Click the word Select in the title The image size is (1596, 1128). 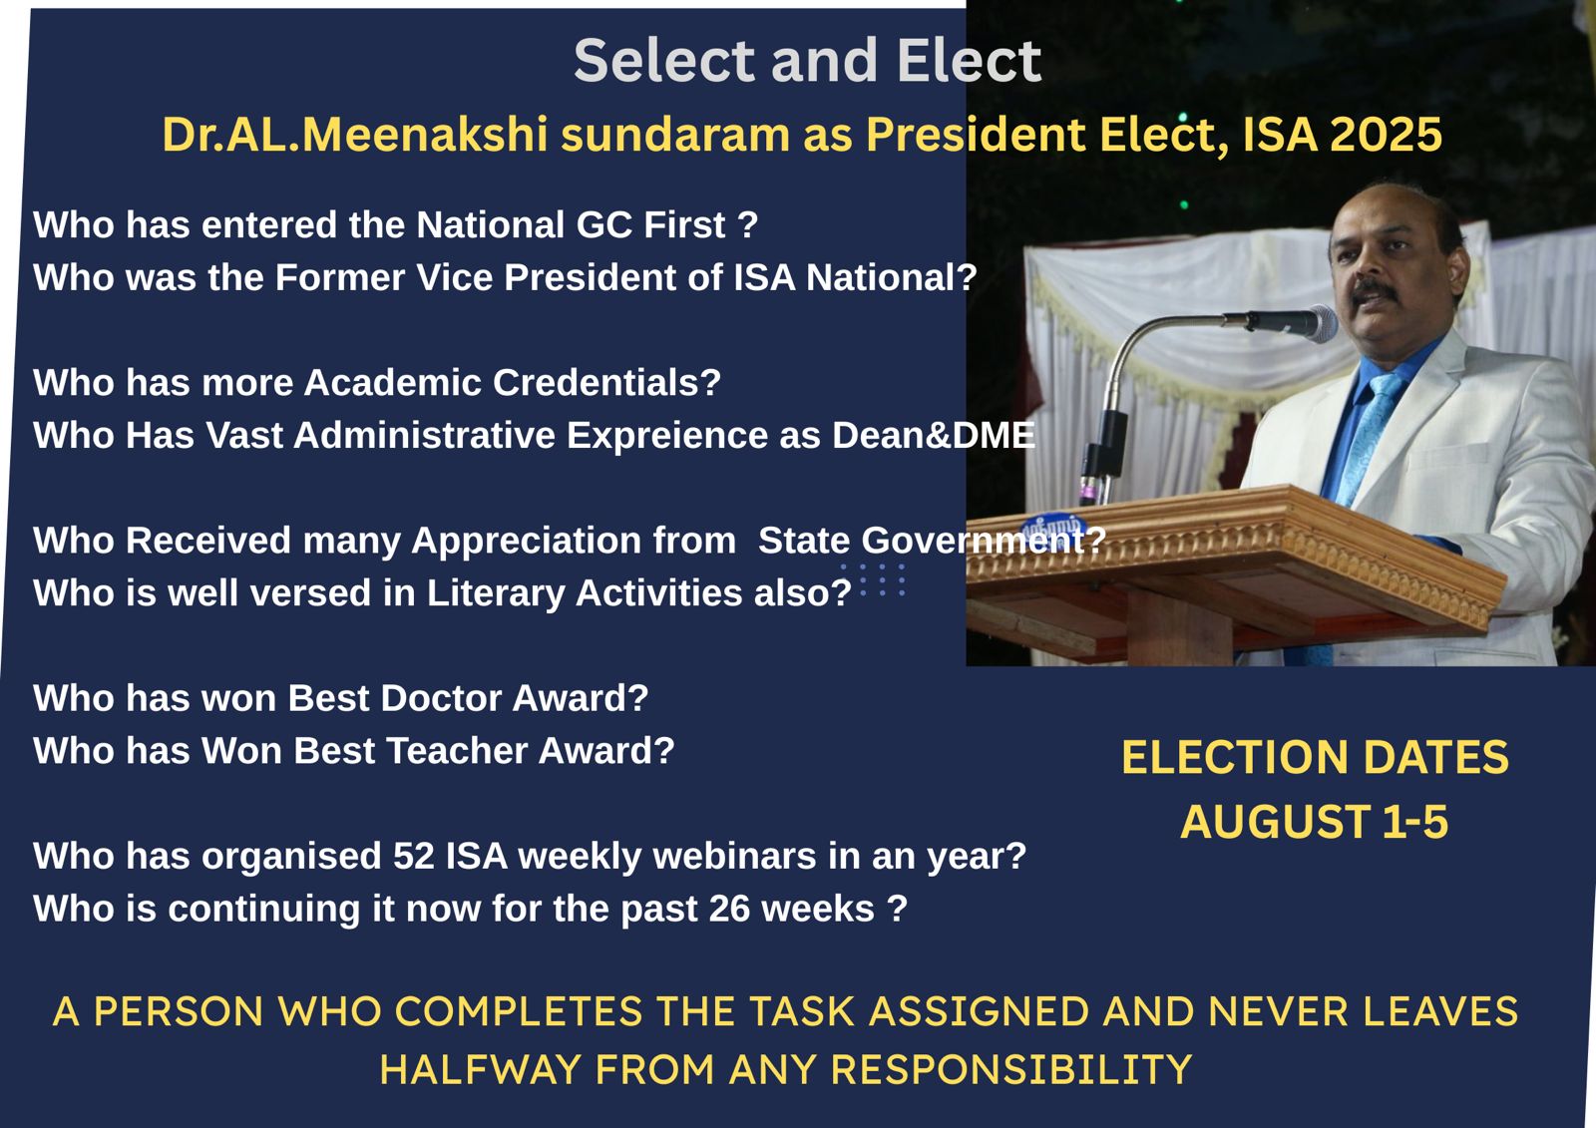(664, 61)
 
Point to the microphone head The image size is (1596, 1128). (1321, 323)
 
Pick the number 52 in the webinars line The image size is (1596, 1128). (414, 856)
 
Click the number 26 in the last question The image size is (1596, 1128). (729, 909)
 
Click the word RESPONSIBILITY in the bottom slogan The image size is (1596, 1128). (1011, 1069)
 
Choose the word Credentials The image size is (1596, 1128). (607, 383)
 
